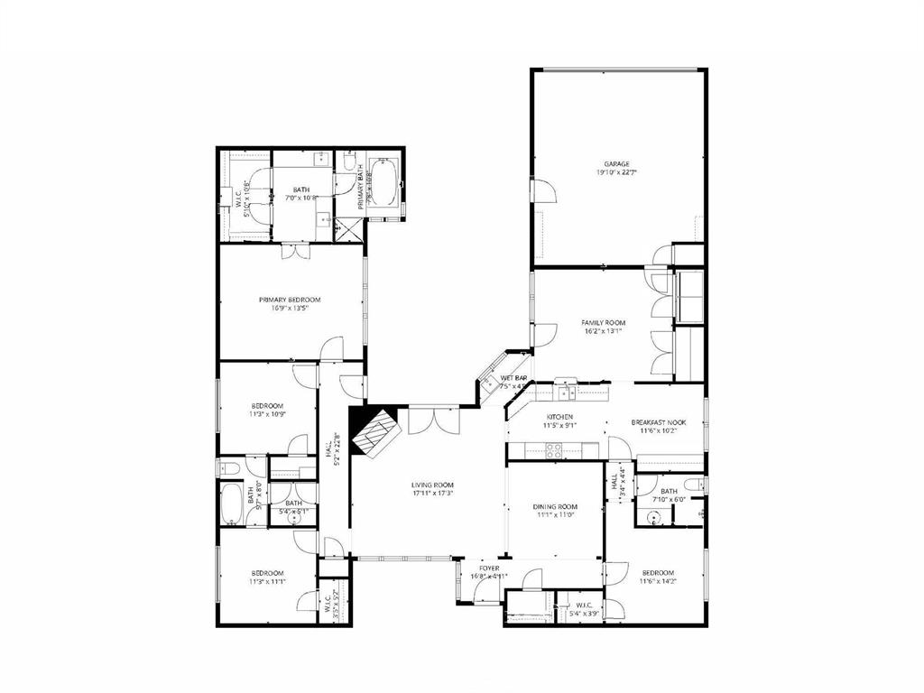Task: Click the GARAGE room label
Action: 617,163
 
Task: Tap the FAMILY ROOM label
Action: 604,322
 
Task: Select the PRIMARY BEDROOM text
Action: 290,300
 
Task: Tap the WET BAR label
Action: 513,378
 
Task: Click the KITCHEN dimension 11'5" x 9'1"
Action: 559,426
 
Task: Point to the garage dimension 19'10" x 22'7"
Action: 617,172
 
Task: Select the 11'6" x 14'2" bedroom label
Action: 658,577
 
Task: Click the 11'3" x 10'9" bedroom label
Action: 267,410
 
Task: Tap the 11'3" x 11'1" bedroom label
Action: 267,577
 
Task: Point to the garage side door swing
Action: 543,190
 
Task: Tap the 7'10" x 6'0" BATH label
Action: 669,494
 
